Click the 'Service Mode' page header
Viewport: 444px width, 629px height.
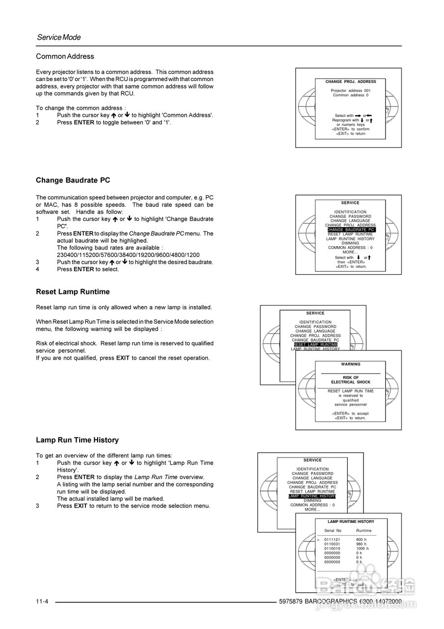click(58, 37)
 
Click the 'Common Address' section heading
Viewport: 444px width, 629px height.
click(65, 57)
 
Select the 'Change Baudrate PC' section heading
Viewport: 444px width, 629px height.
click(73, 180)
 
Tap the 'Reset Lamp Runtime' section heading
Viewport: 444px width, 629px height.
click(73, 292)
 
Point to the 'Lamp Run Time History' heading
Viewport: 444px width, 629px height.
click(77, 440)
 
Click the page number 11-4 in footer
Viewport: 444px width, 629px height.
click(42, 602)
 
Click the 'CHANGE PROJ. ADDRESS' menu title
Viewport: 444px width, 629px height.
click(351, 82)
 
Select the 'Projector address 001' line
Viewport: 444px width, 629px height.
click(351, 91)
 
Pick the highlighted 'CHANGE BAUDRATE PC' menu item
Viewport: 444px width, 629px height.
click(351, 229)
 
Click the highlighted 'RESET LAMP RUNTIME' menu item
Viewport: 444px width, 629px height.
click(315, 344)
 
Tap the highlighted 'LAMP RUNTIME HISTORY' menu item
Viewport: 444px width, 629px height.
click(312, 496)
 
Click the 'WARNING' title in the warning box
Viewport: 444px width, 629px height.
click(351, 365)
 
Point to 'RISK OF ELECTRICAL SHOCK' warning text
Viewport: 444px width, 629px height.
click(351, 380)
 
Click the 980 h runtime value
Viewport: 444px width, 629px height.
click(361, 544)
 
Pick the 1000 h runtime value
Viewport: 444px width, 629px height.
click(362, 548)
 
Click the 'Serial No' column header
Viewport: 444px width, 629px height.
click(333, 531)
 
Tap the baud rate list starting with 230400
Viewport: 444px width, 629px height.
click(128, 255)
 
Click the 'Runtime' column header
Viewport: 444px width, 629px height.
click(364, 531)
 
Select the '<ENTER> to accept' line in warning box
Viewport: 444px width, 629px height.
click(351, 414)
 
